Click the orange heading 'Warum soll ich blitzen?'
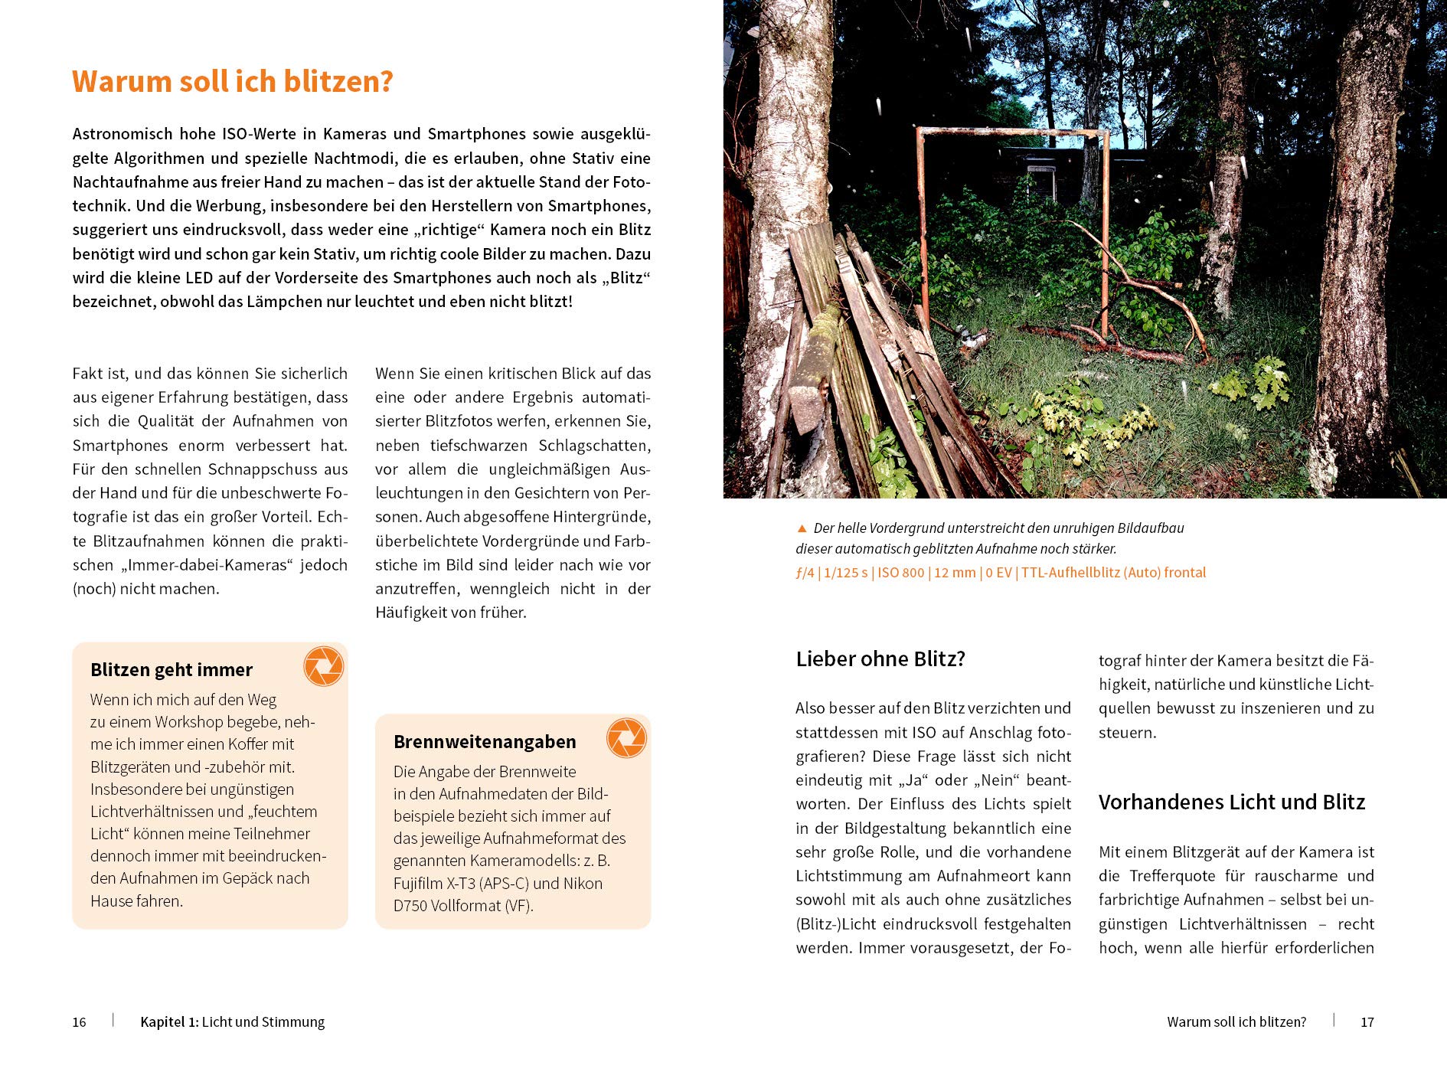[x=232, y=82]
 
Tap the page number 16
[x=79, y=1022]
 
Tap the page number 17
[x=1367, y=1022]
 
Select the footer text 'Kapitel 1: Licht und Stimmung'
[x=232, y=1022]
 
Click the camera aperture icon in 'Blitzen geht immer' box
[x=323, y=666]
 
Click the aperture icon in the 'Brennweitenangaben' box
[x=626, y=738]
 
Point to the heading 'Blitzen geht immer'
[x=171, y=670]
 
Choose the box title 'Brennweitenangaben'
[x=485, y=742]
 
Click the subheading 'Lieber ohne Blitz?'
[x=880, y=659]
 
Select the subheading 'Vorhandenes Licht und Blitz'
[x=1231, y=802]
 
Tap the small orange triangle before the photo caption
[x=802, y=528]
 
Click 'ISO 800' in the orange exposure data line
[x=900, y=573]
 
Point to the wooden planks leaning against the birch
[x=880, y=360]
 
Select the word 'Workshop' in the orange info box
[x=195, y=722]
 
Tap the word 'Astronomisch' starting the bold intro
[x=120, y=134]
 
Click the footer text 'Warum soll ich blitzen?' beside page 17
[x=1236, y=1022]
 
